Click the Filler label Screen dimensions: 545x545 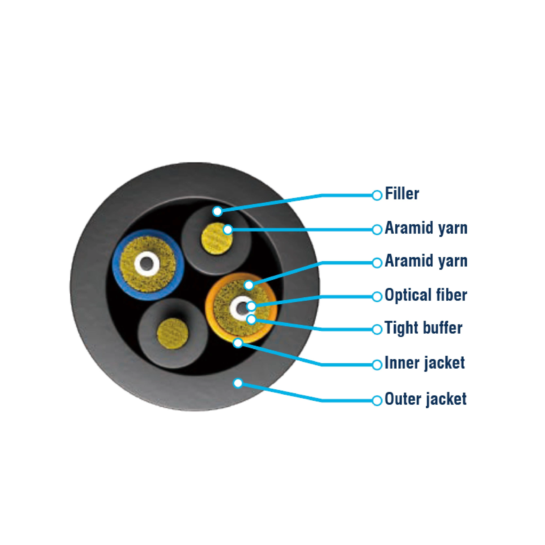point(402,194)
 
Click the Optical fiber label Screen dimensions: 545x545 point(426,295)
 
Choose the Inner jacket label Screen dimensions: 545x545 point(424,363)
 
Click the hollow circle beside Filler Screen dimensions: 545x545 point(377,195)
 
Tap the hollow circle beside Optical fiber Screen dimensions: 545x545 point(377,296)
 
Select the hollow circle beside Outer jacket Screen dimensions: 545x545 point(377,401)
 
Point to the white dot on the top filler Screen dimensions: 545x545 point(217,211)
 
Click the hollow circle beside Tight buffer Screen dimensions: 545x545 point(377,329)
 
